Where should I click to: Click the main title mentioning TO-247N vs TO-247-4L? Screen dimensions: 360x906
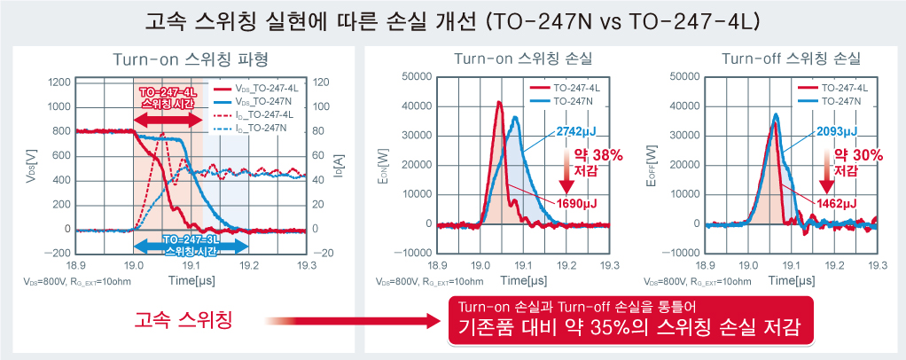coord(452,20)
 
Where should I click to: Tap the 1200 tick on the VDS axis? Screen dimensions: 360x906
coord(59,82)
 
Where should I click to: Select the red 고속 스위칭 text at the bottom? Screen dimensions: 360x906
coord(184,320)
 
